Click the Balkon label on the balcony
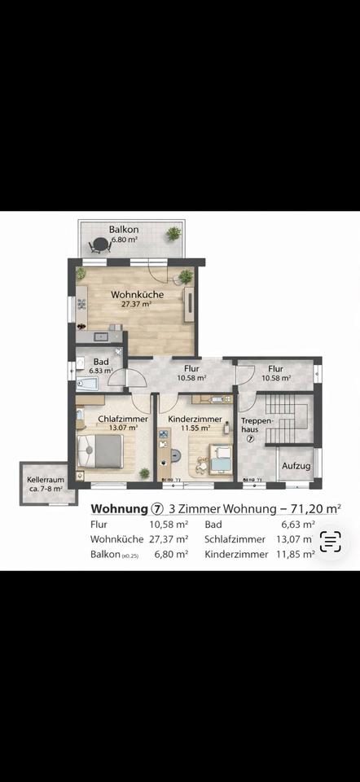tap(124, 230)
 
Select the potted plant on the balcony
tap(173, 234)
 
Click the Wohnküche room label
tap(138, 295)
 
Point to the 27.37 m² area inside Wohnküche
tap(138, 305)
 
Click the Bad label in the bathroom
tap(101, 361)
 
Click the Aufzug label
tap(295, 466)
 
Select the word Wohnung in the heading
tap(117, 509)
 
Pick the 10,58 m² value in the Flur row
tap(169, 525)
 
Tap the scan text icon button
tap(330, 542)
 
